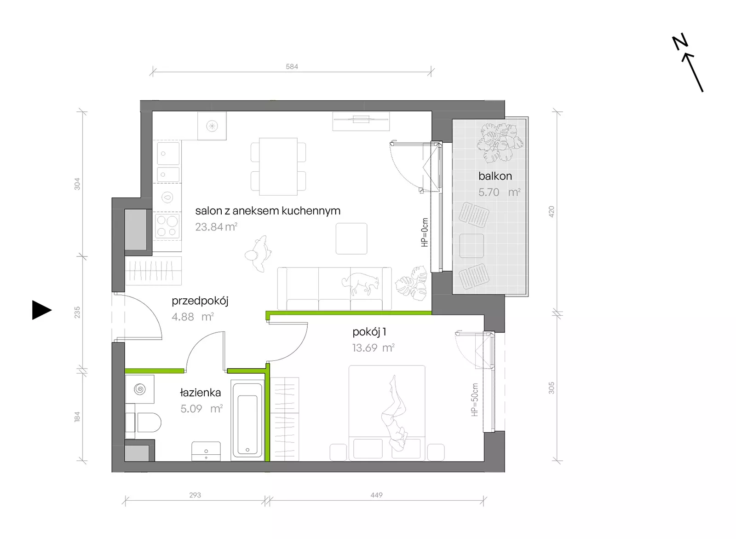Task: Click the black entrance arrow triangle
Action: [41, 310]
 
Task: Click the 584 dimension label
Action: [292, 66]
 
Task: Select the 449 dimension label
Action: [376, 495]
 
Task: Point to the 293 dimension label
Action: [195, 495]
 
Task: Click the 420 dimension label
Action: [552, 211]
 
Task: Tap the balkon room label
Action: [495, 176]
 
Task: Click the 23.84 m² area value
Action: [216, 226]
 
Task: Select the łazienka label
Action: [201, 392]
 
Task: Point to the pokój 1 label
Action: [369, 332]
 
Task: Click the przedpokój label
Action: [200, 301]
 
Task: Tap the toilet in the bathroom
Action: [144, 422]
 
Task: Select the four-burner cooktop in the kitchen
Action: [167, 226]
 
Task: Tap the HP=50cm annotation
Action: [474, 400]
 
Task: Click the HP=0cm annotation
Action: [425, 232]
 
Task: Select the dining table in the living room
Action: [278, 167]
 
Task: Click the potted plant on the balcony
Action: [500, 142]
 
